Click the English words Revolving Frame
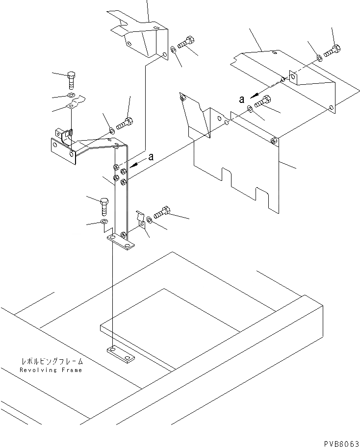click(51, 370)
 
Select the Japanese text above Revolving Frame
click(51, 361)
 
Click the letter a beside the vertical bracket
click(151, 157)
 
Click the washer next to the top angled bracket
click(174, 50)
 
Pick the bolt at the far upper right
click(332, 50)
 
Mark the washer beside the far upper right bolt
click(319, 58)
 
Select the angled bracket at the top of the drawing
click(140, 37)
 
